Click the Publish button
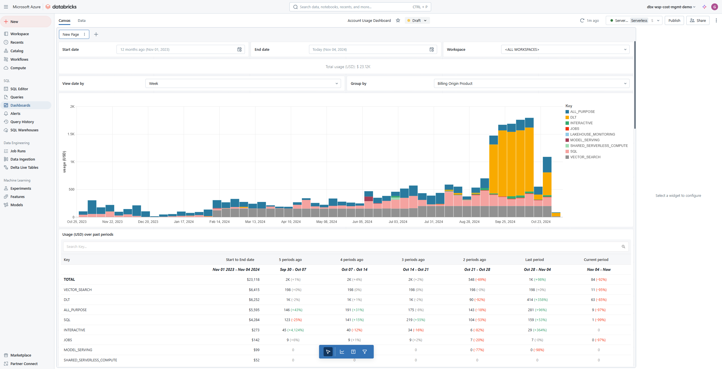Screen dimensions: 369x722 pyautogui.click(x=674, y=20)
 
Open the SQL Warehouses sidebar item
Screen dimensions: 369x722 pyautogui.click(x=24, y=130)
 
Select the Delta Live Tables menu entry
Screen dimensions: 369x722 pyautogui.click(x=24, y=167)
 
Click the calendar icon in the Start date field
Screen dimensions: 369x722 pyautogui.click(x=239, y=49)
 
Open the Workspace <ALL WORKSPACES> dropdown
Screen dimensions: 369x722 pyautogui.click(x=565, y=49)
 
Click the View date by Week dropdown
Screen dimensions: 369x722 pyautogui.click(x=243, y=83)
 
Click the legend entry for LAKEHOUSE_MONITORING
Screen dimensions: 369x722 pyautogui.click(x=592, y=134)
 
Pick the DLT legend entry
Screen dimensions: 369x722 pyautogui.click(x=573, y=117)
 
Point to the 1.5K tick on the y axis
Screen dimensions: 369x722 pyautogui.click(x=71, y=134)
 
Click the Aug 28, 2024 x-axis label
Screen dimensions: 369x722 pyautogui.click(x=469, y=222)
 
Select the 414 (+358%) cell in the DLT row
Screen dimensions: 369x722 pyautogui.click(x=537, y=300)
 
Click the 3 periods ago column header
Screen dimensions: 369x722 pyautogui.click(x=413, y=260)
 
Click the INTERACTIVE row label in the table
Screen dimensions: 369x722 pyautogui.click(x=74, y=330)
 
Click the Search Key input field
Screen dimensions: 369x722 pyautogui.click(x=340, y=246)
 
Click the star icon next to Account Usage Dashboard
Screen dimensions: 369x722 pyautogui.click(x=398, y=20)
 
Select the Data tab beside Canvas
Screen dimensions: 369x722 pyautogui.click(x=82, y=20)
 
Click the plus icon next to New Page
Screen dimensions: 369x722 pyautogui.click(x=96, y=34)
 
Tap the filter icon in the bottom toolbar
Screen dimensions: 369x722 pyautogui.click(x=365, y=352)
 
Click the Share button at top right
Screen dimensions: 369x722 pyautogui.click(x=698, y=20)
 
